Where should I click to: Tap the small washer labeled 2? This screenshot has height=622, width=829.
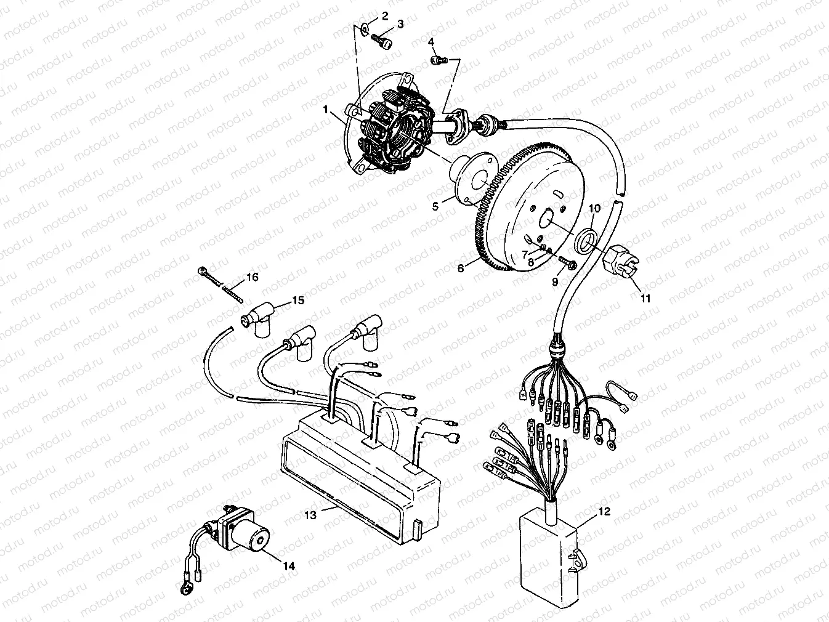pos(366,27)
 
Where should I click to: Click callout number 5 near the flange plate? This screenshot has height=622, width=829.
pos(435,207)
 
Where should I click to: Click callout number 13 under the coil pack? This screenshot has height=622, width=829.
pos(311,514)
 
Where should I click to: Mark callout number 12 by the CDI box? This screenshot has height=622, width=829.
pos(604,512)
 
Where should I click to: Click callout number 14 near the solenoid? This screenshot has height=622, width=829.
pos(288,566)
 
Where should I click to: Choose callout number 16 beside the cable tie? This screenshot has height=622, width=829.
pos(252,277)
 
